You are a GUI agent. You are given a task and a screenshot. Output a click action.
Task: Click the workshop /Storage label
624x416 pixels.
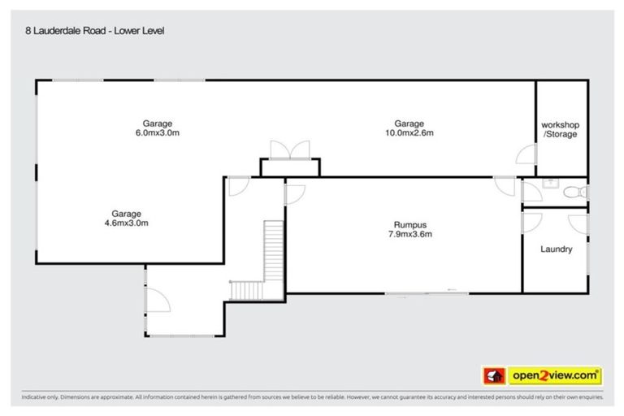click(x=561, y=129)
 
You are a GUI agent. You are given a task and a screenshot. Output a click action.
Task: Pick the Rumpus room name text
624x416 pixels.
click(x=409, y=225)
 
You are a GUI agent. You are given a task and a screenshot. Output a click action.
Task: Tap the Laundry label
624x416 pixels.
click(x=556, y=249)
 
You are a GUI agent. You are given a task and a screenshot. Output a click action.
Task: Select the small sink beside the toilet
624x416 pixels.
click(x=548, y=184)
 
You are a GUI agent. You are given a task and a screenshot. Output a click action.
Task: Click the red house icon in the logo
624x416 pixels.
click(x=492, y=375)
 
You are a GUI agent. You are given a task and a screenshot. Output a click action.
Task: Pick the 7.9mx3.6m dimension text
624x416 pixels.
click(x=409, y=236)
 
